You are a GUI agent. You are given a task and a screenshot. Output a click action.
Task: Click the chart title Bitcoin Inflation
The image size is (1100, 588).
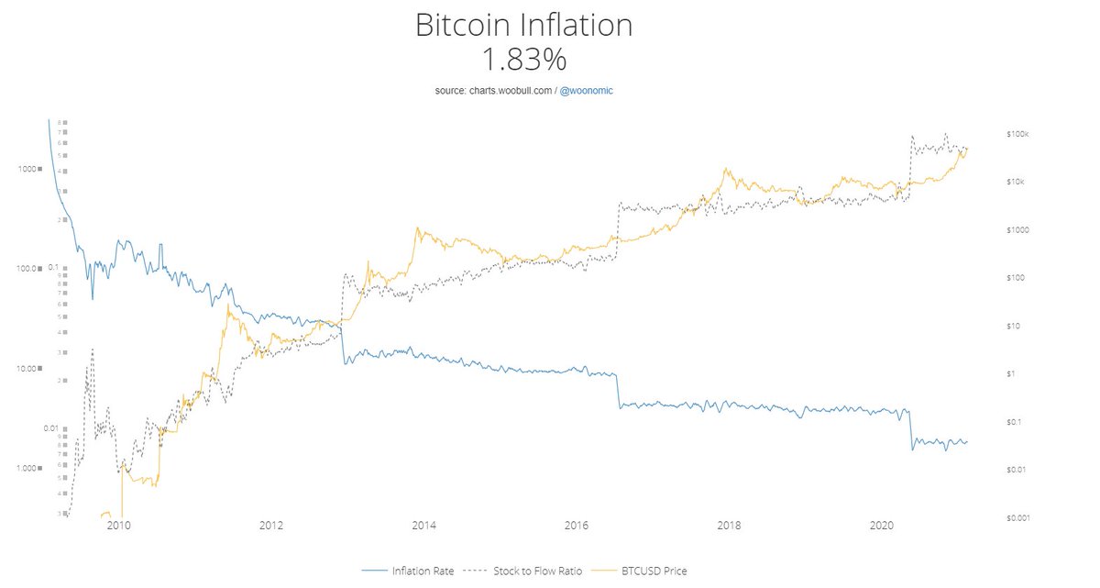point(523,25)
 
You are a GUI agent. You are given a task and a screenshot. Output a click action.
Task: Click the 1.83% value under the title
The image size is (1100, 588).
point(523,60)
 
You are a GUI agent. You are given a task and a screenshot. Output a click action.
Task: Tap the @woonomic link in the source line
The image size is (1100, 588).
point(592,92)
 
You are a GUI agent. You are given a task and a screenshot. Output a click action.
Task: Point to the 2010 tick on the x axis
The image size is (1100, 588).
point(117,527)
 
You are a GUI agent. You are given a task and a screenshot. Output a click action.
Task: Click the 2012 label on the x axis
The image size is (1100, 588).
point(270,527)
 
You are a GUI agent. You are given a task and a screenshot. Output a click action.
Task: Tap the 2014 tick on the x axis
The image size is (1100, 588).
point(423,527)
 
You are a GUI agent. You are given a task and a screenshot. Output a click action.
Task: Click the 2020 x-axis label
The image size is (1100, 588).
point(882,527)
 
